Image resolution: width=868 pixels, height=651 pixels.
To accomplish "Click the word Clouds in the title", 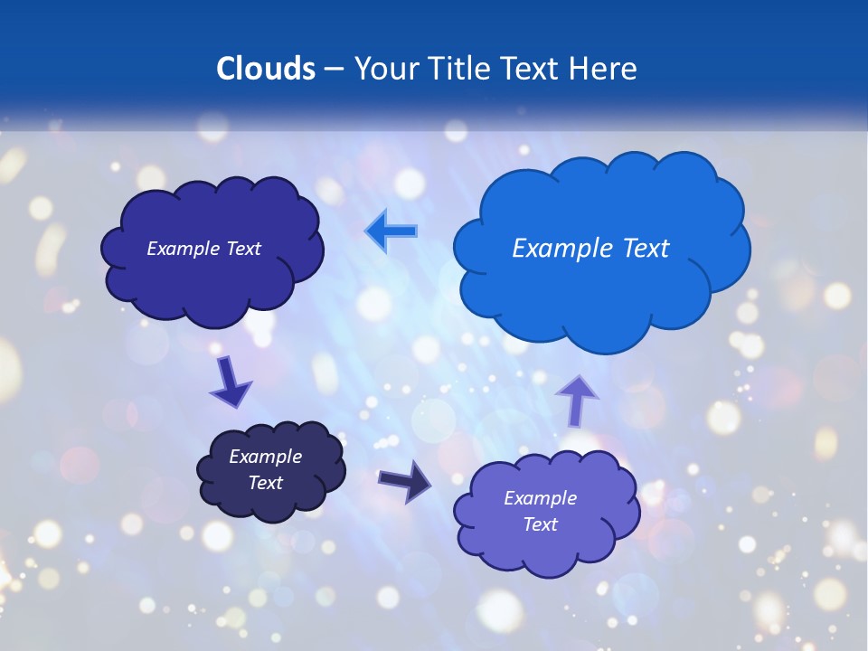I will point(265,68).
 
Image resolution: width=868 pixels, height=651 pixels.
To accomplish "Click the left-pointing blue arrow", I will point(392,231).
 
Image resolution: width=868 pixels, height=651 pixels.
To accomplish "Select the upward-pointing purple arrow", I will point(576,400).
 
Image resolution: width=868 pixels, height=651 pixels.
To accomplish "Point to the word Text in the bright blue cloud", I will point(646,249).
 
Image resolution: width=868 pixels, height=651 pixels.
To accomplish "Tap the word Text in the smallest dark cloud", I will point(265,483).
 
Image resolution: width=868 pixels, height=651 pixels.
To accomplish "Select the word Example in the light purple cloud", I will point(540,498).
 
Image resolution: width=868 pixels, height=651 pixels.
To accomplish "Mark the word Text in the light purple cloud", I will point(540,524).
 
